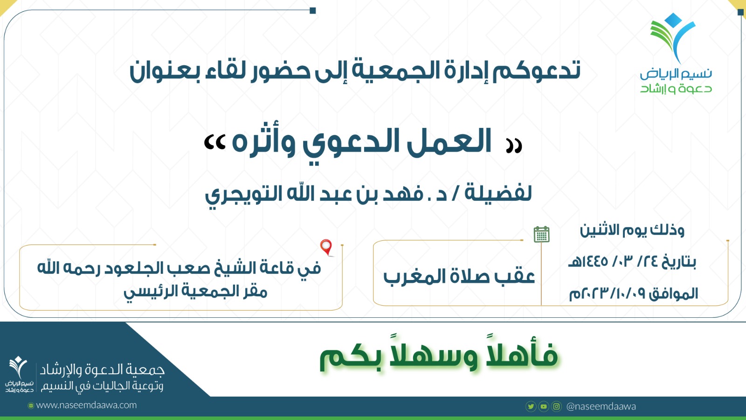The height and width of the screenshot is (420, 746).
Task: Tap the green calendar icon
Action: coord(541,234)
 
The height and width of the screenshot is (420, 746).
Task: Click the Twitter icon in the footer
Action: coord(531,406)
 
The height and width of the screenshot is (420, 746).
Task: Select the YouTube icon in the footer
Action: coord(544,406)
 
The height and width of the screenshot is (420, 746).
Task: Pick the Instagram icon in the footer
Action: coord(557,406)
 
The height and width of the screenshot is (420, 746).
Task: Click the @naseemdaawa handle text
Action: coord(601,406)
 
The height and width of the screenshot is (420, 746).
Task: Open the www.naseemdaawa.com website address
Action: coord(86,406)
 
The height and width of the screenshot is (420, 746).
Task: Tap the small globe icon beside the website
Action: coord(31,406)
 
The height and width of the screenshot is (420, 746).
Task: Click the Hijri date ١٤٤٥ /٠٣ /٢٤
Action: coord(632,261)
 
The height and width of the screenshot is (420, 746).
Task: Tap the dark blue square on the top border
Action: coord(313,11)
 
